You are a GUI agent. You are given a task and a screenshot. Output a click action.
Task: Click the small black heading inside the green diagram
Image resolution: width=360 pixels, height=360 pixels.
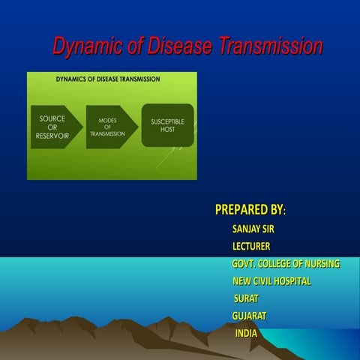[111, 79]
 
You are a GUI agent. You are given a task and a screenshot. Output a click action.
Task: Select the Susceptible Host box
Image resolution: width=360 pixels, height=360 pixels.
[167, 125]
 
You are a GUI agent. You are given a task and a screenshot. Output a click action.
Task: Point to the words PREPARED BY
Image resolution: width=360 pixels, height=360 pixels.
[250, 208]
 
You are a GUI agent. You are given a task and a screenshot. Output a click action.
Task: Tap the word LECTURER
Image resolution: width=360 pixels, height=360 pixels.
[251, 246]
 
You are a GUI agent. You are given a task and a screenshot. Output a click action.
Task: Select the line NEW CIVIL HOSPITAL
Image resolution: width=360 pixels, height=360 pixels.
[271, 281]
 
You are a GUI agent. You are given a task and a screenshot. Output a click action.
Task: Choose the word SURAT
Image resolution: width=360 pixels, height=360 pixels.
[246, 298]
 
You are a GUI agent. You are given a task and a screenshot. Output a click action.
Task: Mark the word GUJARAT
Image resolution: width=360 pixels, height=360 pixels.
[249, 316]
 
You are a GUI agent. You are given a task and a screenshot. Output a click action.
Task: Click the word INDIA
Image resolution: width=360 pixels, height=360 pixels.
[246, 333]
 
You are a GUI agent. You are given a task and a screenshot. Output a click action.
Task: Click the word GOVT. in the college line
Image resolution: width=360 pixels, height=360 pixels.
[244, 264]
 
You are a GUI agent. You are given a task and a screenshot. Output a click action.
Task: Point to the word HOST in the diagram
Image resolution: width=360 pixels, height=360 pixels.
[167, 130]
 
